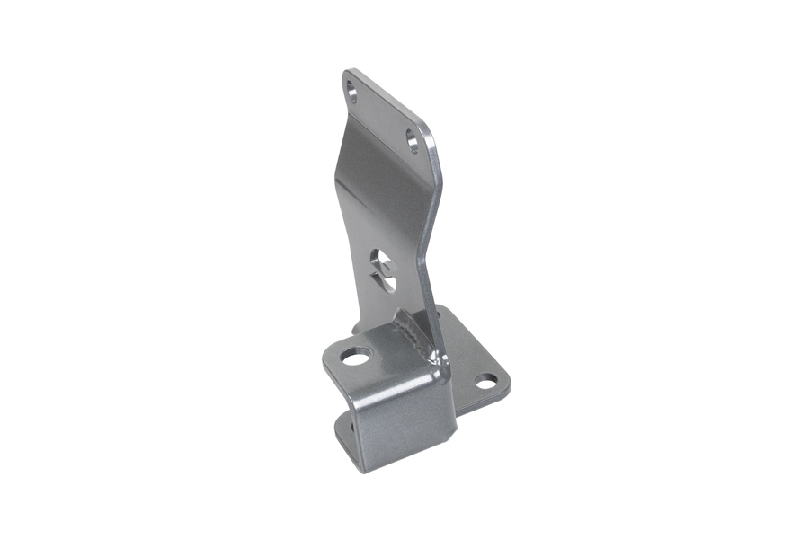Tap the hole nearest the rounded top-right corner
pos(412,140)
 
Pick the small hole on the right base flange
pos(485,382)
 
